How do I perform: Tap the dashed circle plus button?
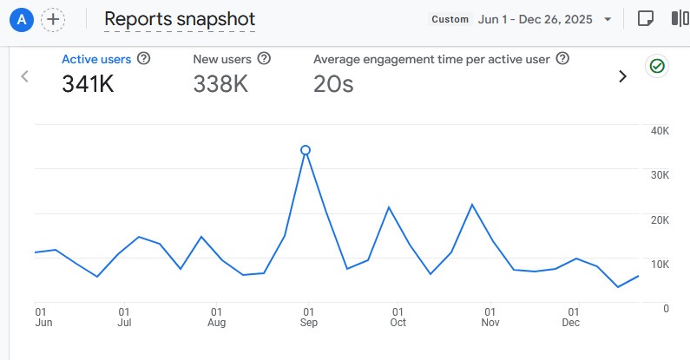pyautogui.click(x=53, y=19)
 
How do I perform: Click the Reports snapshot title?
pyautogui.click(x=180, y=19)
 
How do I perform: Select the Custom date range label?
pyautogui.click(x=450, y=19)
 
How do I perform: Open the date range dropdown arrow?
pyautogui.click(x=608, y=19)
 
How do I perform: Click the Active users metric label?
pyautogui.click(x=96, y=59)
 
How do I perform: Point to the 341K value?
pyautogui.click(x=88, y=84)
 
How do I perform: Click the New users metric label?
pyautogui.click(x=222, y=59)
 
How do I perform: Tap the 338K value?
pyautogui.click(x=220, y=84)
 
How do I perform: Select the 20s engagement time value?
pyautogui.click(x=333, y=84)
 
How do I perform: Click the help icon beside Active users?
pyautogui.click(x=144, y=59)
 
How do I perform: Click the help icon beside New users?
pyautogui.click(x=264, y=59)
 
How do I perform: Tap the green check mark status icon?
pyautogui.click(x=657, y=66)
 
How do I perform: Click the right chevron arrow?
pyautogui.click(x=622, y=76)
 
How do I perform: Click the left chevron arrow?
pyautogui.click(x=24, y=76)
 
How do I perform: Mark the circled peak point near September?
pyautogui.click(x=306, y=150)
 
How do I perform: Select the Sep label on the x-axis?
pyautogui.click(x=309, y=323)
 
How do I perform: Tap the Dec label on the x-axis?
pyautogui.click(x=571, y=323)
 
